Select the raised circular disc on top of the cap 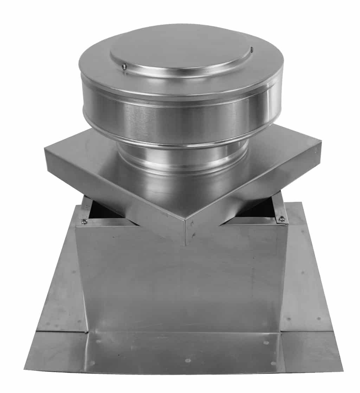(x=181, y=53)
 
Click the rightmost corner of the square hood (x=321, y=142)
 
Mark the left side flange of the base (x=60, y=281)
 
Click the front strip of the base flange (x=183, y=351)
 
